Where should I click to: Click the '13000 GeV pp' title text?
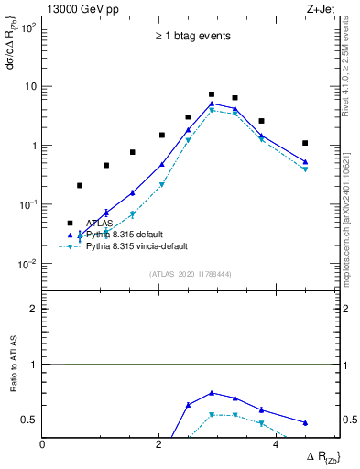81,8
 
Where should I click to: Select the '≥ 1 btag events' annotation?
191,37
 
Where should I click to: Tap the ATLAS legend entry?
100,223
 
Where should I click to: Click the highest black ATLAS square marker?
212,94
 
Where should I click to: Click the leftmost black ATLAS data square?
80,186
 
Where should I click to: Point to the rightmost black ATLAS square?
305,143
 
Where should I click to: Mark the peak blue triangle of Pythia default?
212,104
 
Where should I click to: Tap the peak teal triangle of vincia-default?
212,110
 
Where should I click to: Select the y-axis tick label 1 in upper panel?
32,146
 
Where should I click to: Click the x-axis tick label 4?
276,445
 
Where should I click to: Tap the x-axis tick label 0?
43,445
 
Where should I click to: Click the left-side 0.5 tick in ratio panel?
29,420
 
